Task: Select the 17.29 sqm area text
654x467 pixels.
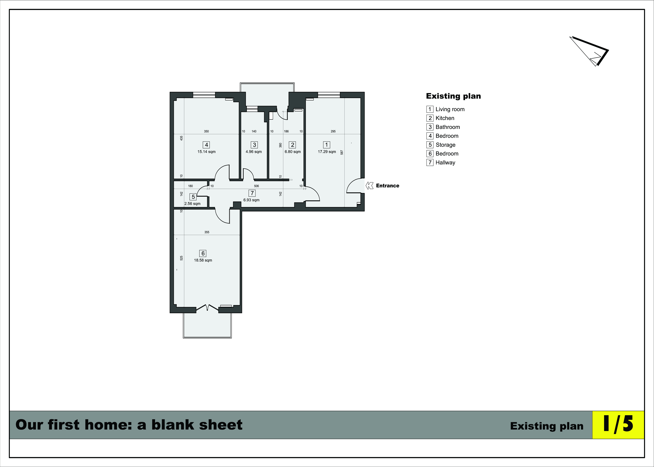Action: (327, 152)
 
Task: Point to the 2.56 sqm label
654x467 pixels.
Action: (192, 204)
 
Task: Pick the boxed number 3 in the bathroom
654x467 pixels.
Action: (254, 145)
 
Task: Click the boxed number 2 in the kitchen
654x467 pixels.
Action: (293, 145)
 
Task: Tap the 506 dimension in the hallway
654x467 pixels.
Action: (257, 186)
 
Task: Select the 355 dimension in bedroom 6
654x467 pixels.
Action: (207, 232)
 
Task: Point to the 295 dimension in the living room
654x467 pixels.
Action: (333, 131)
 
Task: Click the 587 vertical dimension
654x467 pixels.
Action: (342, 152)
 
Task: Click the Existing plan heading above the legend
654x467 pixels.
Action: (453, 96)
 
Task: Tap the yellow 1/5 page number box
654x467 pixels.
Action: (618, 425)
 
